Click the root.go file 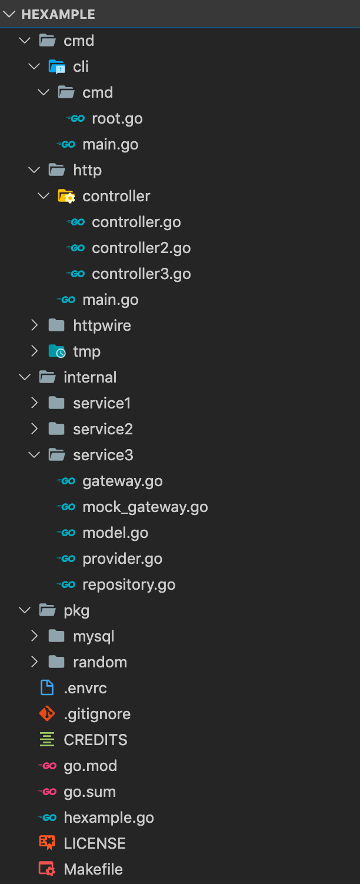117,118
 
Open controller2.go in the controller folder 141,248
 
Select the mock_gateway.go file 145,507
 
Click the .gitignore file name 97,714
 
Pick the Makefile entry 93,869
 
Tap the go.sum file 89,792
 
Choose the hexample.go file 109,817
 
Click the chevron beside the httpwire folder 34,325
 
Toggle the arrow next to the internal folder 25,377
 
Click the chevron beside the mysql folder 34,636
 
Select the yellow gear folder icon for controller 66,196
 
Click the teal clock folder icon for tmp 56,351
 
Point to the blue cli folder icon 56,67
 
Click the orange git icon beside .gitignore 47,714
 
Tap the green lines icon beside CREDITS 47,740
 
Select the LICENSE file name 95,843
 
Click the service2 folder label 103,429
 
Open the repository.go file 129,584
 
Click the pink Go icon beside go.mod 47,766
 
